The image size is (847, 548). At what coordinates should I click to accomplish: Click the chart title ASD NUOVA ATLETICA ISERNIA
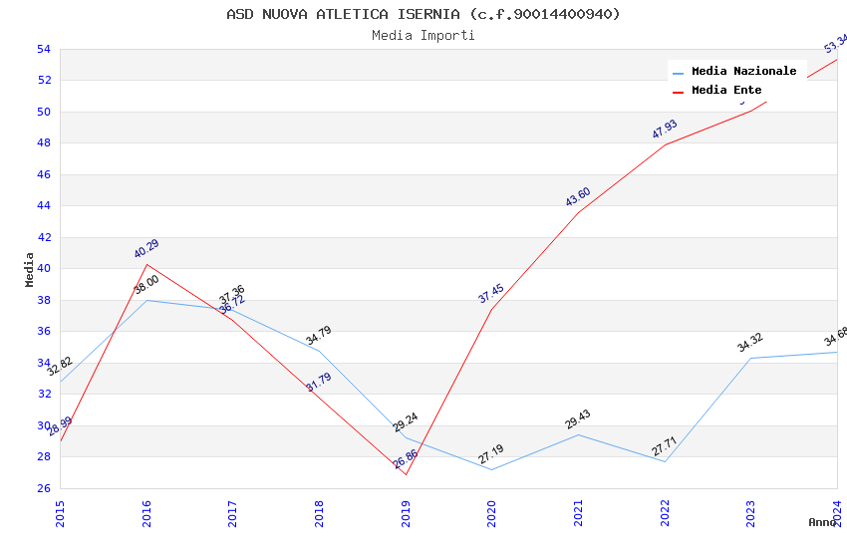(x=423, y=14)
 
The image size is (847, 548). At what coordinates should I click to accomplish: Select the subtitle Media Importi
(x=423, y=36)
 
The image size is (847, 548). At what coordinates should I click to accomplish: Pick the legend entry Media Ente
(x=726, y=90)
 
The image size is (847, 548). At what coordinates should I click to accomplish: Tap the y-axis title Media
(x=30, y=269)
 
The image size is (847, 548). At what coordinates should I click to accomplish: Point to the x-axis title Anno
(x=822, y=522)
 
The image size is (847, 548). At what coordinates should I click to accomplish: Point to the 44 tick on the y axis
(x=44, y=206)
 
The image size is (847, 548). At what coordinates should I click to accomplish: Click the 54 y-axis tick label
(x=44, y=50)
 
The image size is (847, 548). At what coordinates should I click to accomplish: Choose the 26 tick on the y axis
(x=44, y=488)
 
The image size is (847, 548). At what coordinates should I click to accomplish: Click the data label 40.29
(x=146, y=249)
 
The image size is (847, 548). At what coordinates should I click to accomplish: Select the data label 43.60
(x=578, y=197)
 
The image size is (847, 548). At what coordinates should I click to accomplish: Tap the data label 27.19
(x=491, y=454)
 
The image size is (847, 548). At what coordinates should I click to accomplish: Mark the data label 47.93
(x=665, y=130)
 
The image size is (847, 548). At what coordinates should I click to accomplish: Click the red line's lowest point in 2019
(x=406, y=474)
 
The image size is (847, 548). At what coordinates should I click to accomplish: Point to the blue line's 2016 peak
(x=146, y=300)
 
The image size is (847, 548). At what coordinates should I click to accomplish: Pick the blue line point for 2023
(x=750, y=358)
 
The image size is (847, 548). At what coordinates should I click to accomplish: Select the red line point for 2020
(x=491, y=309)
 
